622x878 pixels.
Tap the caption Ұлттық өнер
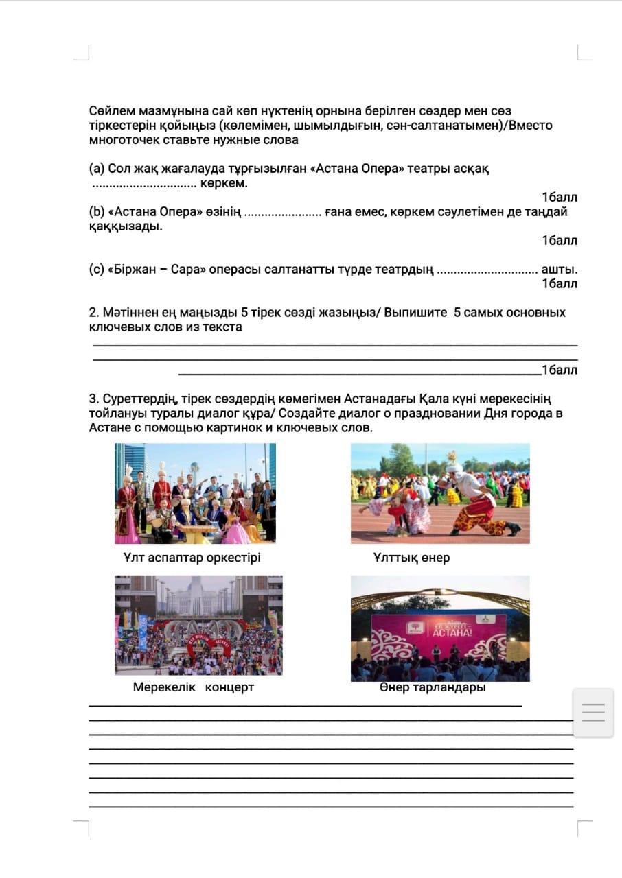(x=411, y=558)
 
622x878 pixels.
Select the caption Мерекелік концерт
(x=193, y=687)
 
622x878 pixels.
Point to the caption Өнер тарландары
(x=433, y=687)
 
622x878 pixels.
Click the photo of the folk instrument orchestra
(x=195, y=493)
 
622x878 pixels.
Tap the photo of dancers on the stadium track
(x=440, y=493)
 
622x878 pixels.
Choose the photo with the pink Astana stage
(x=440, y=628)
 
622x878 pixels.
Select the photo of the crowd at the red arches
(x=198, y=625)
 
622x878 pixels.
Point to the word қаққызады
(x=125, y=226)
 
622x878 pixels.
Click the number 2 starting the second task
(x=93, y=313)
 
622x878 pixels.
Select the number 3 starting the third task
(x=93, y=399)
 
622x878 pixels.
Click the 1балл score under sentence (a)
(x=559, y=198)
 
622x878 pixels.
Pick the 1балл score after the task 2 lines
(x=559, y=370)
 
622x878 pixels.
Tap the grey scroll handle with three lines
(x=593, y=713)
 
